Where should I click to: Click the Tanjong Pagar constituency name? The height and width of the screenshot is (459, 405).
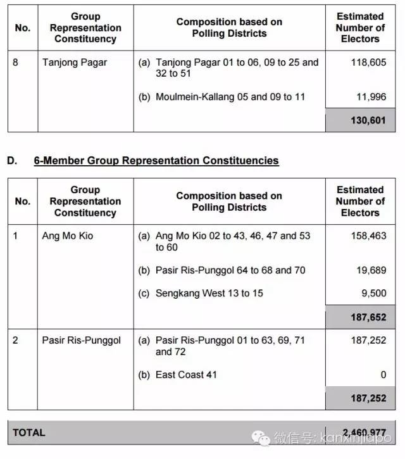pos(75,63)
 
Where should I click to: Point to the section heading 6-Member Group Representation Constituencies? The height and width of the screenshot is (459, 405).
pos(156,160)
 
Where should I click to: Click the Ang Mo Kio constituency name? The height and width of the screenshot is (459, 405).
pos(68,236)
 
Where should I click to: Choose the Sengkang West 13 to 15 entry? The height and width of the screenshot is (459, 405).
pos(209,293)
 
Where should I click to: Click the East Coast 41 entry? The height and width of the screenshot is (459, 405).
pos(186,375)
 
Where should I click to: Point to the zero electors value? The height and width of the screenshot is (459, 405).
pos(383,375)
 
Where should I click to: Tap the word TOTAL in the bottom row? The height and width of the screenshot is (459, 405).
pos(29,432)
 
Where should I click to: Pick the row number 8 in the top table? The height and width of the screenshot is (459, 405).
pos(16,63)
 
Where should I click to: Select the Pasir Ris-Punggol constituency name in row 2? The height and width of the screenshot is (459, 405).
pos(81,340)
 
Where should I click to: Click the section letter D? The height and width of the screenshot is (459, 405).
pos(12,160)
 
